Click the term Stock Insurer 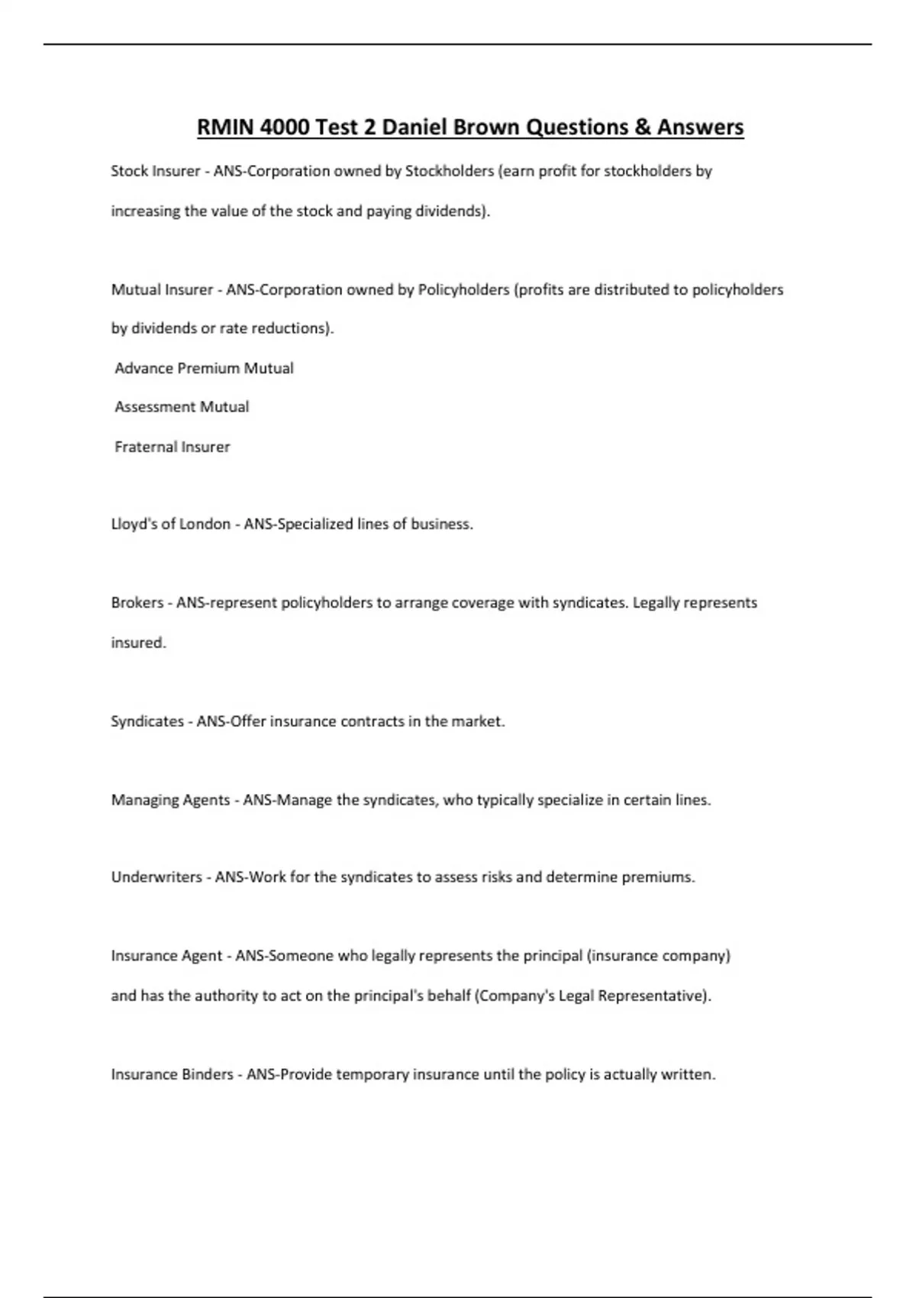click(x=155, y=171)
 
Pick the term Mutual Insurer click(x=162, y=289)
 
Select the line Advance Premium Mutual click(x=204, y=368)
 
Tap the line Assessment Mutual click(x=182, y=407)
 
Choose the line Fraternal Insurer click(x=172, y=447)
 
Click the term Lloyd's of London click(x=170, y=524)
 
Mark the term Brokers click(x=137, y=602)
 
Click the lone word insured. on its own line click(x=138, y=643)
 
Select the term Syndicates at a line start click(x=147, y=722)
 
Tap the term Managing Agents click(x=170, y=800)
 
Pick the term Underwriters click(x=156, y=877)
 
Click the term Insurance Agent click(x=166, y=956)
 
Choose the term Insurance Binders click(x=172, y=1074)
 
